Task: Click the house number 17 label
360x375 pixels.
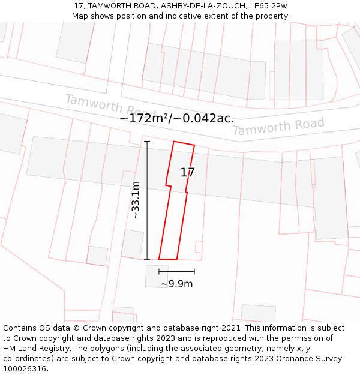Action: coord(188,173)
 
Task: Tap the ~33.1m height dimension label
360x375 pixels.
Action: coord(136,200)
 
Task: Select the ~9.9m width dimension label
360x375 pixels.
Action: coord(176,284)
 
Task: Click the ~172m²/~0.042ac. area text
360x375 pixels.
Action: coord(176,119)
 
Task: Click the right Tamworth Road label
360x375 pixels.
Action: coord(278,127)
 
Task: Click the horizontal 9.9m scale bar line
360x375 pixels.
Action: coord(176,272)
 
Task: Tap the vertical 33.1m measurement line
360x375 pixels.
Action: coord(147,200)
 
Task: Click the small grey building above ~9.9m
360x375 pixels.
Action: coord(157,276)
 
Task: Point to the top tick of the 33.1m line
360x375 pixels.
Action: coord(147,141)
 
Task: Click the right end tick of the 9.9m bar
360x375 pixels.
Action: coord(194,272)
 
